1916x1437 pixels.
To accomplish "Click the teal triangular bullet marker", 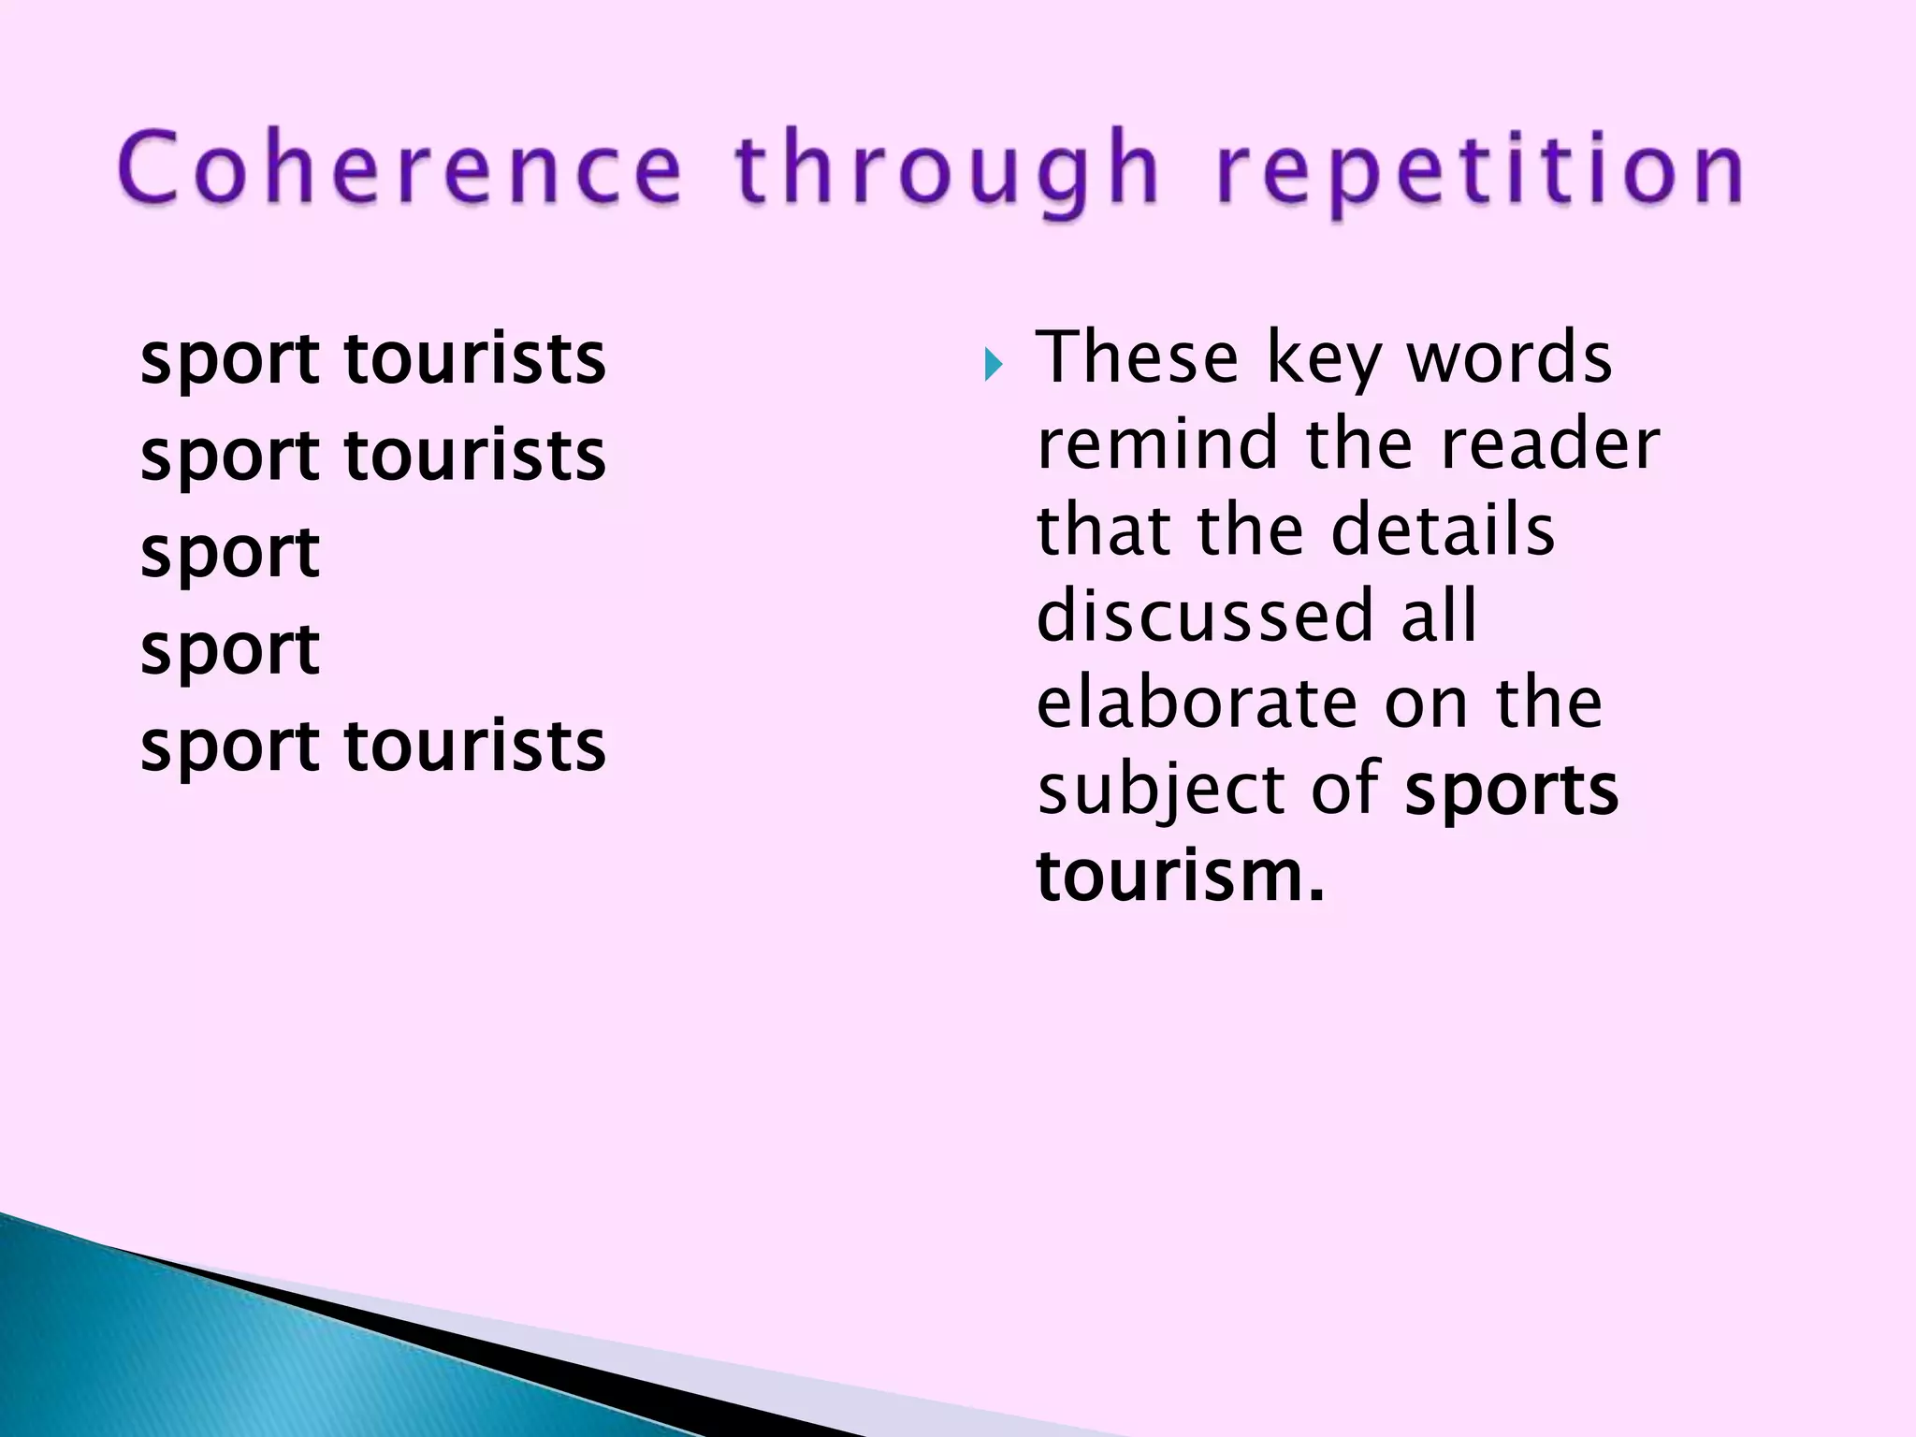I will tap(993, 365).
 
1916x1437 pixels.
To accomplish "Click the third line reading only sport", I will tap(230, 553).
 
